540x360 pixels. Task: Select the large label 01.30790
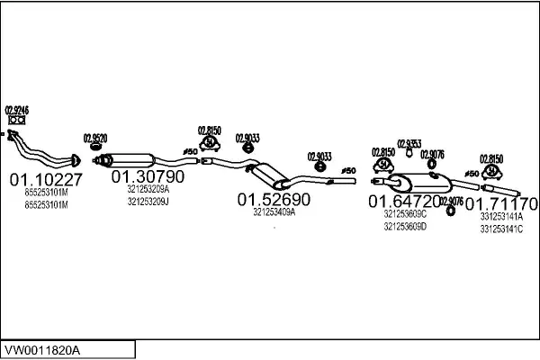(x=148, y=176)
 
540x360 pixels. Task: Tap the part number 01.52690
(x=274, y=199)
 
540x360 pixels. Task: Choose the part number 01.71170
(x=501, y=202)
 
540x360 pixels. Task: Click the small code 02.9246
(x=17, y=110)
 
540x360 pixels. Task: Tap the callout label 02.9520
(x=95, y=138)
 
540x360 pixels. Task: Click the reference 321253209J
(x=148, y=202)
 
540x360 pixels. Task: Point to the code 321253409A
(x=274, y=212)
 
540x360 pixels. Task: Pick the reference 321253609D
(x=405, y=227)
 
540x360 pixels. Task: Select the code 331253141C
(x=501, y=229)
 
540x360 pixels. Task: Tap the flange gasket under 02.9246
(x=16, y=121)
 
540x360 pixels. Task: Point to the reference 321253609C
(x=405, y=214)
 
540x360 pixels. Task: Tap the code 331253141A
(x=501, y=216)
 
